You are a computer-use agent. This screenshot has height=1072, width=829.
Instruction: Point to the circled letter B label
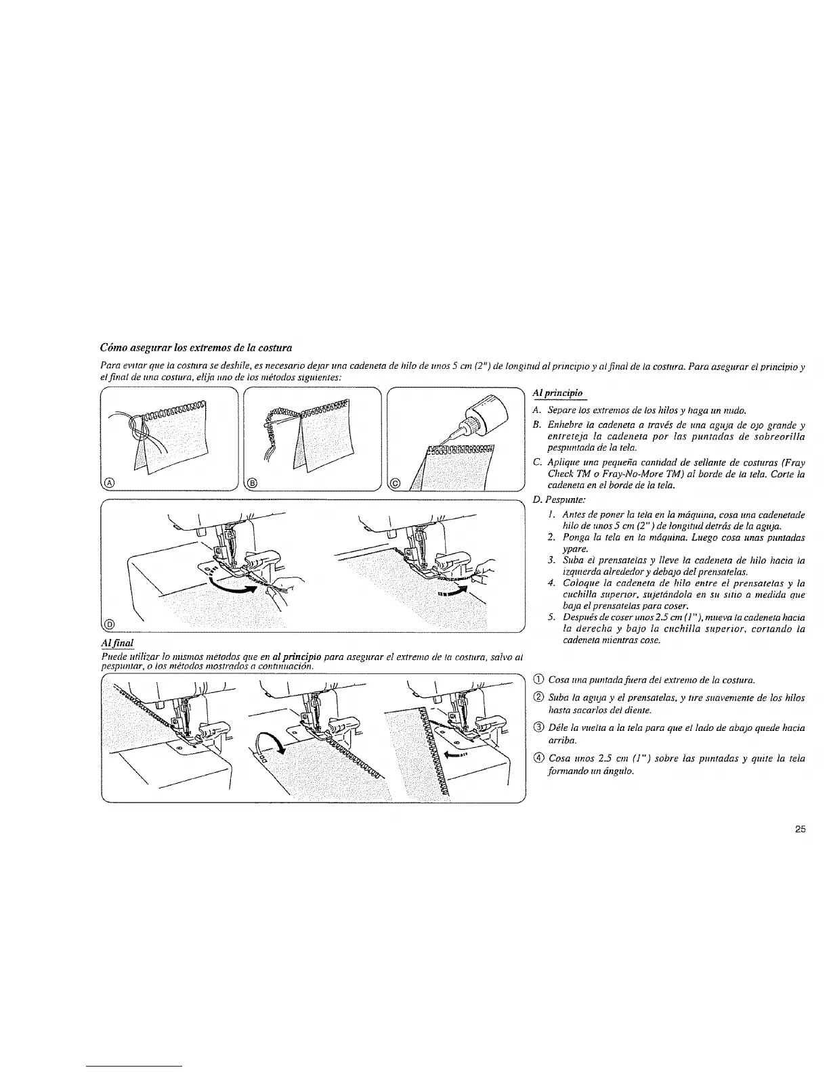pos(252,482)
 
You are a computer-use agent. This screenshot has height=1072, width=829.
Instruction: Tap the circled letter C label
pos(397,482)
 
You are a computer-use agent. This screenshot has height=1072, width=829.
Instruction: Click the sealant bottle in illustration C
pos(484,413)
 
